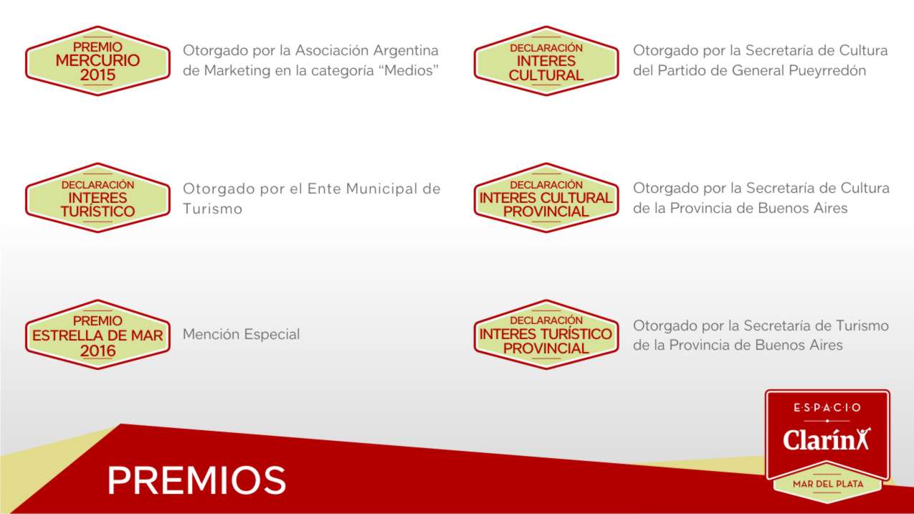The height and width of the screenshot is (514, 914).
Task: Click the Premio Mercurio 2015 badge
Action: (x=97, y=61)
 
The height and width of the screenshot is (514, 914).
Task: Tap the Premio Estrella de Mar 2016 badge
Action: (x=97, y=335)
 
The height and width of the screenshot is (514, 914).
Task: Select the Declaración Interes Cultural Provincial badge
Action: (x=546, y=198)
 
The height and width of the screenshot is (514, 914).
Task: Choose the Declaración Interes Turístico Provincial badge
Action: (x=546, y=335)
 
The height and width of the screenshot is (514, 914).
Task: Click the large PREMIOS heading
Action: (x=196, y=480)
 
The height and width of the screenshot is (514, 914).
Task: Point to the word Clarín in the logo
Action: (x=819, y=439)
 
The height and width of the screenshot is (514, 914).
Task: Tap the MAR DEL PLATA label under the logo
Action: (x=828, y=484)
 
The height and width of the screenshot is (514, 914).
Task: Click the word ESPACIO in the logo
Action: (x=827, y=407)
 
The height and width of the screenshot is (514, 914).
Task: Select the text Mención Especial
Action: (x=241, y=335)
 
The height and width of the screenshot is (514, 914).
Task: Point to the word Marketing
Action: (x=237, y=71)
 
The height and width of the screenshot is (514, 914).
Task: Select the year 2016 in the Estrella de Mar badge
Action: (x=97, y=351)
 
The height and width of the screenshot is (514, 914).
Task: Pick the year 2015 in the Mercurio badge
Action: (x=97, y=75)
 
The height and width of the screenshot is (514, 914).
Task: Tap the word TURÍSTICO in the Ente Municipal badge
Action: (x=97, y=211)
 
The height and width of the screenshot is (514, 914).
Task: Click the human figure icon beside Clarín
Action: (x=864, y=439)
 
